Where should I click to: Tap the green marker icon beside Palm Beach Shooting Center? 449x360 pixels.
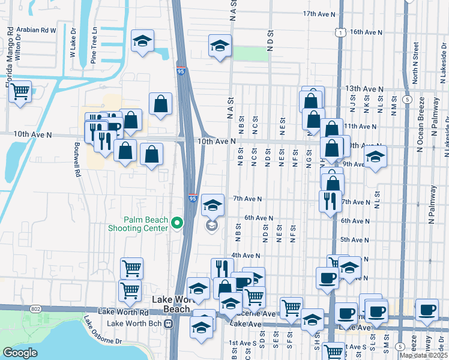pyautogui.click(x=177, y=224)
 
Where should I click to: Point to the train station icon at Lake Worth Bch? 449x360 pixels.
pyautogui.click(x=169, y=323)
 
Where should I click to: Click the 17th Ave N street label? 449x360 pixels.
pyautogui.click(x=318, y=13)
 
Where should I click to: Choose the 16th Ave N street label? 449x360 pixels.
pyautogui.click(x=366, y=32)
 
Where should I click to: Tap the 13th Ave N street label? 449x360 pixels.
pyautogui.click(x=364, y=89)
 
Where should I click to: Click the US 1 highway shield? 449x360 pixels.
pyautogui.click(x=340, y=32)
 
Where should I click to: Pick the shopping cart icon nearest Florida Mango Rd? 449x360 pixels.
pyautogui.click(x=20, y=91)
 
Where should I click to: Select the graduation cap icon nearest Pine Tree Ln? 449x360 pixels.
pyautogui.click(x=142, y=41)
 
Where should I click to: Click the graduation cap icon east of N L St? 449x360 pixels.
pyautogui.click(x=376, y=157)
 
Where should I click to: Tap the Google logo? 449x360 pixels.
pyautogui.click(x=20, y=353)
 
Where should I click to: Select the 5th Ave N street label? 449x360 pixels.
pyautogui.click(x=354, y=239)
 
